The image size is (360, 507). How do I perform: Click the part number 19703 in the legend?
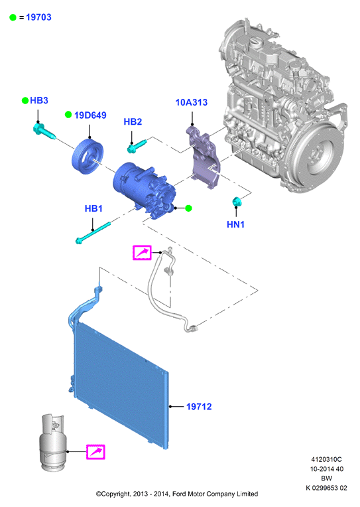click(38, 17)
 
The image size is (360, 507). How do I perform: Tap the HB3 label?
click(38, 100)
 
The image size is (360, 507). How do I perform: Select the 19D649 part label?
click(90, 115)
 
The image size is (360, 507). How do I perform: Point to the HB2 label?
click(133, 121)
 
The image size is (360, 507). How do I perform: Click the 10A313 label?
click(192, 102)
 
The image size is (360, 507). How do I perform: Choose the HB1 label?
click(93, 208)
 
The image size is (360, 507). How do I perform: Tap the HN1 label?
click(235, 224)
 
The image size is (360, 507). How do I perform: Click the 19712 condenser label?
click(199, 406)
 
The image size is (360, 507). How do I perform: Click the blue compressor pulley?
click(88, 155)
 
